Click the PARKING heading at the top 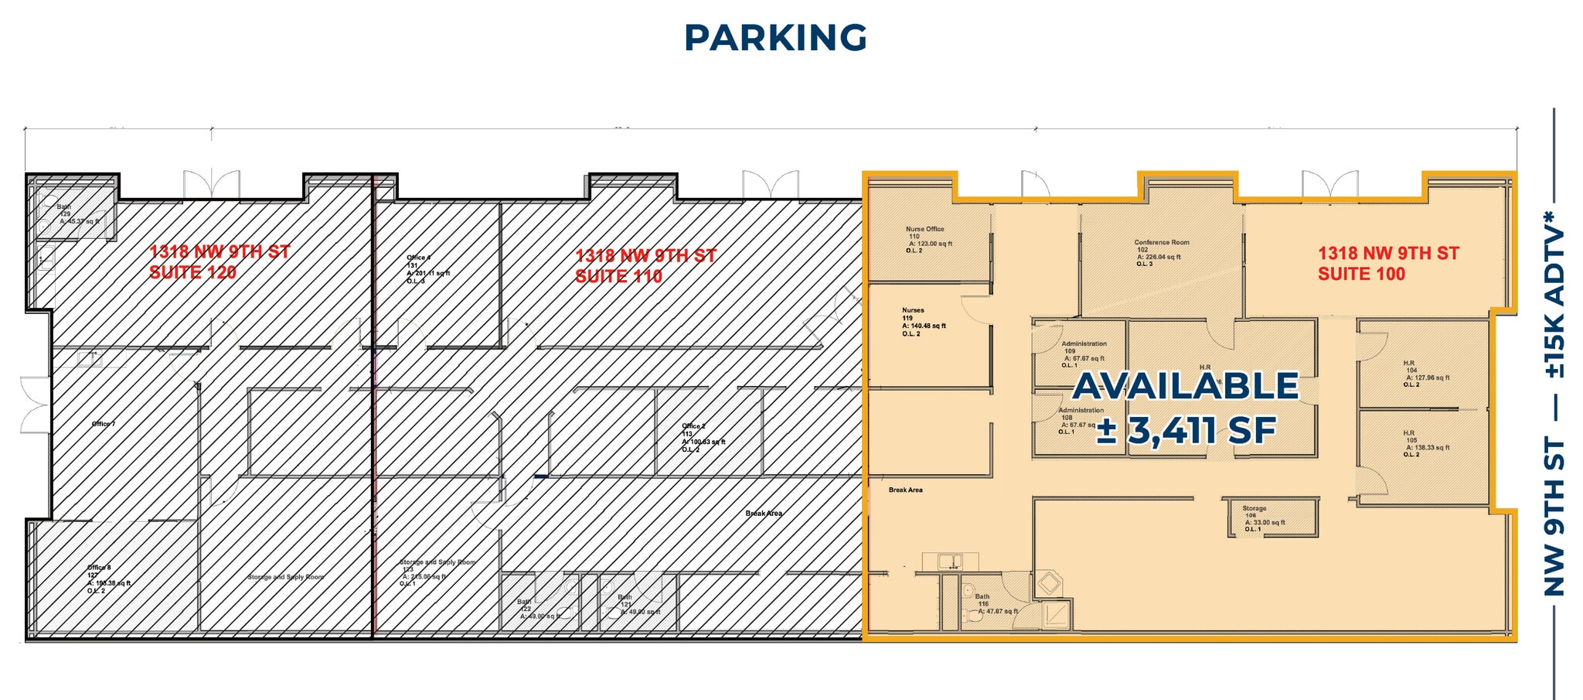(x=775, y=38)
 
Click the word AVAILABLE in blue (x=1186, y=386)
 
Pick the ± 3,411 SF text (x=1186, y=430)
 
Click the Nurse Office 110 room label (x=926, y=239)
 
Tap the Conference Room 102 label (x=1161, y=253)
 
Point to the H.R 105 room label (x=1424, y=443)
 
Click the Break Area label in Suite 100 (x=905, y=490)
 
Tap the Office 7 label (x=103, y=424)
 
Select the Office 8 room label (x=107, y=579)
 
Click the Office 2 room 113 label (x=702, y=437)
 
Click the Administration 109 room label (x=1082, y=353)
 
